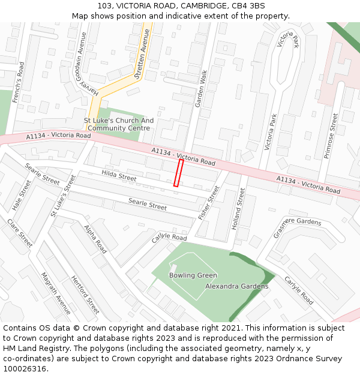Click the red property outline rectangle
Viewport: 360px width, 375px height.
[178, 173]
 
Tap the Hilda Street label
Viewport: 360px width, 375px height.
[119, 176]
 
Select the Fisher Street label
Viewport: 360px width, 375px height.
[209, 202]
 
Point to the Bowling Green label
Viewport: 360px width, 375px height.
[193, 275]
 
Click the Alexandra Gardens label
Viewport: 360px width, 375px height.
[237, 286]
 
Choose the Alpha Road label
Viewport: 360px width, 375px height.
[95, 239]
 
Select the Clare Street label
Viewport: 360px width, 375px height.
[20, 233]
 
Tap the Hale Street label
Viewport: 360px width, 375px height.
[21, 195]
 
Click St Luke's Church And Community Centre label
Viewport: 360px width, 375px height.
[118, 124]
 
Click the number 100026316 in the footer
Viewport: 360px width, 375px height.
[25, 369]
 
